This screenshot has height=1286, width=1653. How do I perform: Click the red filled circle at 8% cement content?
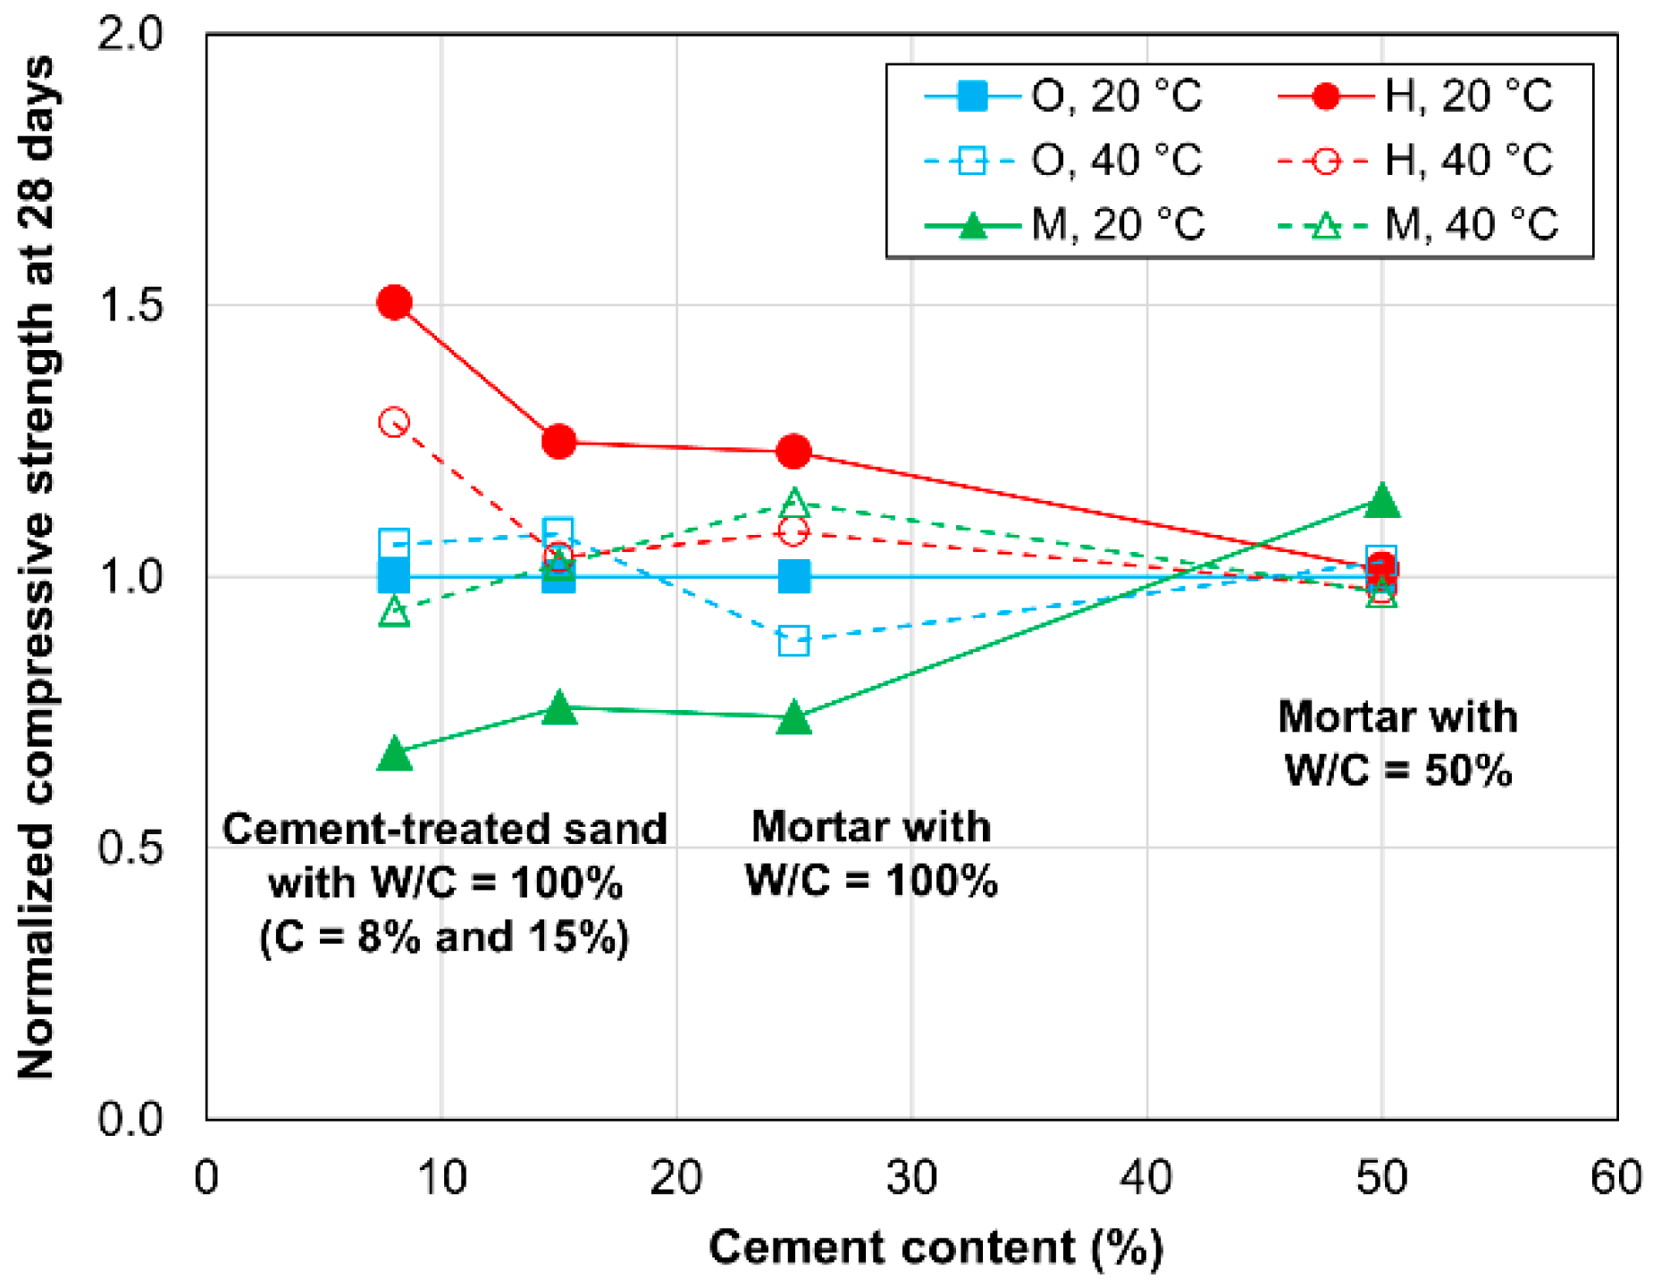point(394,303)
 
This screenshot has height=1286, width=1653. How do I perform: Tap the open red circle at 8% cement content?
point(394,422)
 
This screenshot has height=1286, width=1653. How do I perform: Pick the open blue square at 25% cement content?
point(793,640)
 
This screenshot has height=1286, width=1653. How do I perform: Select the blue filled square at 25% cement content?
point(793,576)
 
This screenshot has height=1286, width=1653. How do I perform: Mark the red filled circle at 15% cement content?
point(558,441)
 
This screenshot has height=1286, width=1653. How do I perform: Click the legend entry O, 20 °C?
point(1063,96)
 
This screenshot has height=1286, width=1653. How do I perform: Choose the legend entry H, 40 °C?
point(1416,161)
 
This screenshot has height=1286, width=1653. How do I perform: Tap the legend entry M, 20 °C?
point(1063,225)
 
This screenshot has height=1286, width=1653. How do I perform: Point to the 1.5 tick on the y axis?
point(130,305)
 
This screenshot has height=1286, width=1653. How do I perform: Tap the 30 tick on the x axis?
point(911,1177)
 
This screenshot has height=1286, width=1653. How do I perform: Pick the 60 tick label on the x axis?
point(1615,1177)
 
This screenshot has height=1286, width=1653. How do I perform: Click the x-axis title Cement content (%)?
point(936,1247)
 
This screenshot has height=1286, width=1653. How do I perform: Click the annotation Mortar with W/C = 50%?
point(1397,743)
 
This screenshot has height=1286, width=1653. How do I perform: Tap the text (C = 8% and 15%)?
point(444,937)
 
